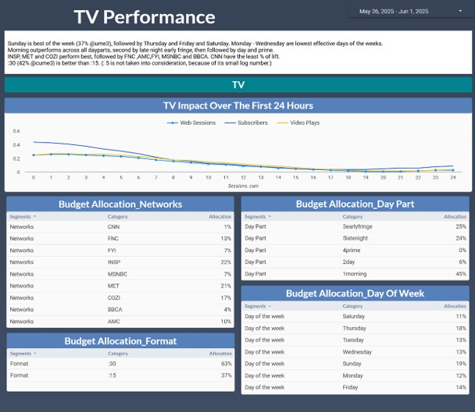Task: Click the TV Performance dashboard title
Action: pos(145,17)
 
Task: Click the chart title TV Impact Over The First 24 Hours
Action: pos(237,105)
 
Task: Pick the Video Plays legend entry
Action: pos(304,123)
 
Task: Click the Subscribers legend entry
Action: pos(250,123)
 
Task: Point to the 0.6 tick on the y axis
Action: pos(16,131)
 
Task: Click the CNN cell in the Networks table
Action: pos(113,226)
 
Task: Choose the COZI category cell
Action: pos(114,297)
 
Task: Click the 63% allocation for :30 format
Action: pos(226,364)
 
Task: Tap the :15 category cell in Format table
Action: pos(112,375)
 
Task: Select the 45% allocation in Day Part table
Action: pos(460,274)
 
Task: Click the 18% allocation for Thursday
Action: pos(460,329)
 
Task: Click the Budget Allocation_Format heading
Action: pos(120,341)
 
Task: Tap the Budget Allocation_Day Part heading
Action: pos(355,204)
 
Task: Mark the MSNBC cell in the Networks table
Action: pos(116,274)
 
